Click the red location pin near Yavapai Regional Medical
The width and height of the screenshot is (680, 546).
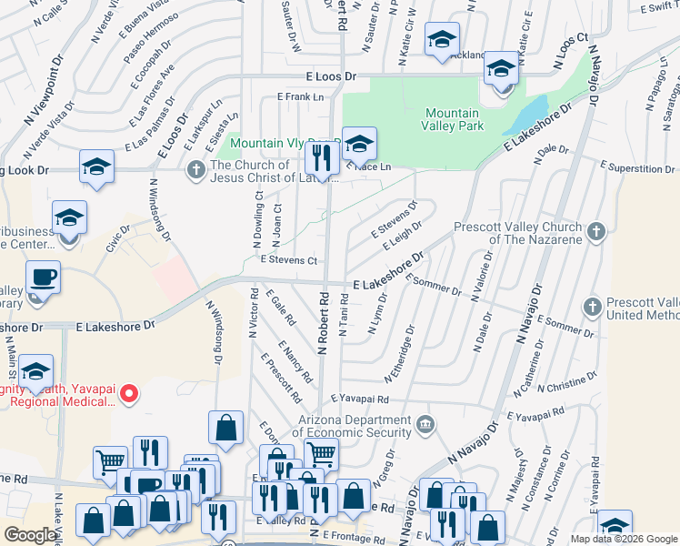coord(129,394)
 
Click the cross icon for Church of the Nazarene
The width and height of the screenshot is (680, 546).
coord(596,231)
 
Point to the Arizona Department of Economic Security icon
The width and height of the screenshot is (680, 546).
coord(425,424)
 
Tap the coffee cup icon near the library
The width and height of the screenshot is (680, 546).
coord(42,276)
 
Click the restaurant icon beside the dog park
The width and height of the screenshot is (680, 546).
coord(321,158)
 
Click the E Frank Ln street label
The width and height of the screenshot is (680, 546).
coord(300,96)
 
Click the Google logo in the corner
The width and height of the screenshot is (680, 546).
coord(30,535)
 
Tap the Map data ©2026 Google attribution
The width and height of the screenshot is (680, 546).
coord(623,539)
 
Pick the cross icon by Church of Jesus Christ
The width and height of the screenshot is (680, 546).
coord(195,170)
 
